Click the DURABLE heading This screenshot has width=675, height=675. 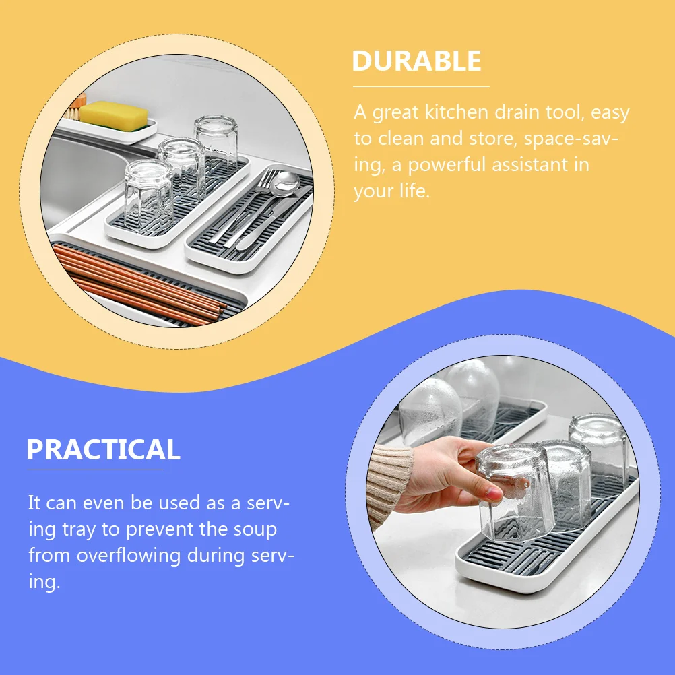pos(416,61)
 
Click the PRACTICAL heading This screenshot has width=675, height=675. pos(103,449)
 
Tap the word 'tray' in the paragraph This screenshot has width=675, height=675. pos(79,529)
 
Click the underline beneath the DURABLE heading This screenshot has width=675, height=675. pos(421,86)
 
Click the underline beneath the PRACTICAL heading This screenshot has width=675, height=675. pos(95,470)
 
